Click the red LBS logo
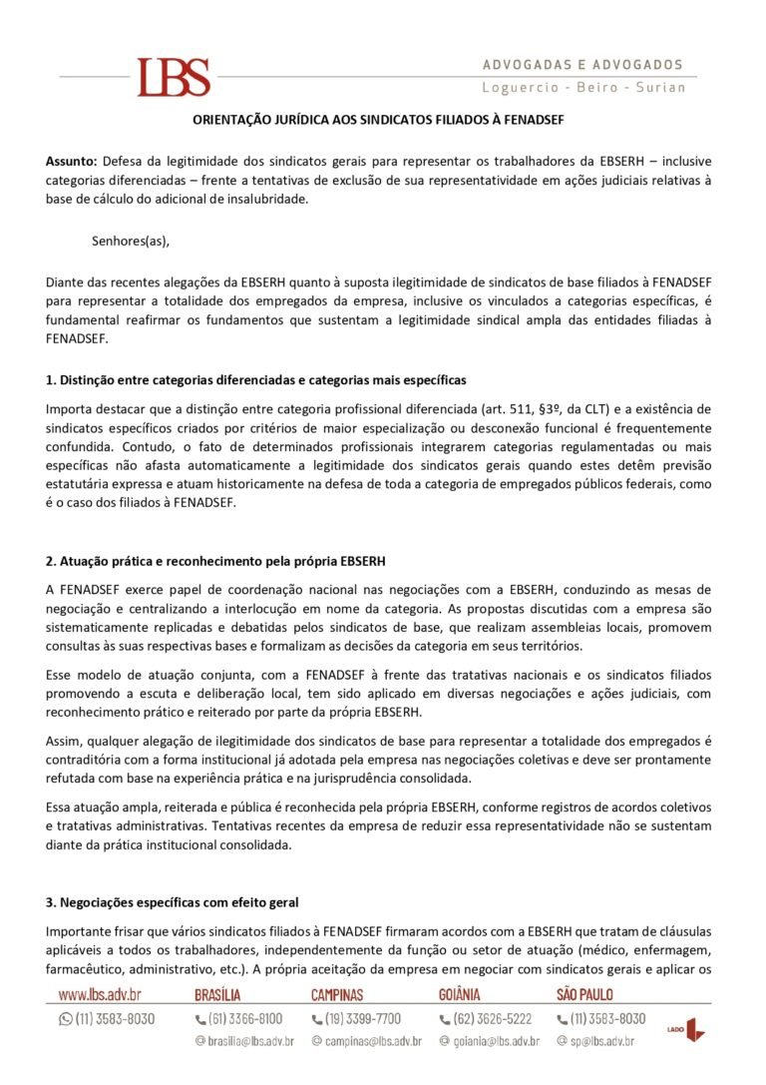click(x=174, y=77)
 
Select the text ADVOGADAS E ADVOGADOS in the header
click(x=583, y=65)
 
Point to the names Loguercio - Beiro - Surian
click(x=583, y=88)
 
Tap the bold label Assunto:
click(x=71, y=160)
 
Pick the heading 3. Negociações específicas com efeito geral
click(x=173, y=902)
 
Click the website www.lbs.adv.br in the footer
click(x=100, y=994)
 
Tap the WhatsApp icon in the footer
click(x=66, y=1019)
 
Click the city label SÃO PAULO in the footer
click(x=584, y=994)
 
